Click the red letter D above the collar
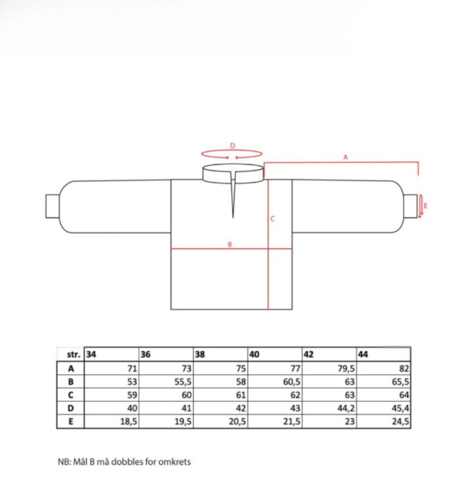233,146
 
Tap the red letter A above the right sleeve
345,157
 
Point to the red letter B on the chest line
230,245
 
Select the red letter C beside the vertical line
272,219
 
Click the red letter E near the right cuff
425,206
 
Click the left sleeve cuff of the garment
52,206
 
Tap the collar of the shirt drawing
233,174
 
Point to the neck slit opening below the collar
233,195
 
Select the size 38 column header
200,354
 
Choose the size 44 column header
363,354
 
